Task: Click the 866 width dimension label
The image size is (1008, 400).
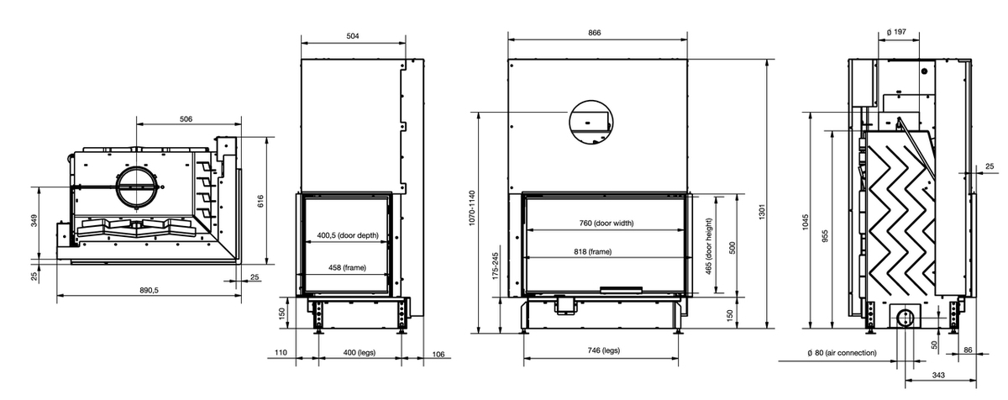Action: pyautogui.click(x=595, y=33)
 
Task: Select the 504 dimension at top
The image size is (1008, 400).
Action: pyautogui.click(x=353, y=36)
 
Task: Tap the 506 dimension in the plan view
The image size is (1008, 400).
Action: pyautogui.click(x=186, y=119)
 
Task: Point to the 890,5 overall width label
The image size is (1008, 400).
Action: pyautogui.click(x=149, y=291)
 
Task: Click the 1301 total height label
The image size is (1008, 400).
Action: pyautogui.click(x=762, y=212)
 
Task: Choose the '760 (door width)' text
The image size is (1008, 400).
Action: pyautogui.click(x=606, y=224)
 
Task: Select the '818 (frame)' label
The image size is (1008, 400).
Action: pyautogui.click(x=593, y=252)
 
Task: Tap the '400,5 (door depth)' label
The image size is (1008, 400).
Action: pyautogui.click(x=348, y=235)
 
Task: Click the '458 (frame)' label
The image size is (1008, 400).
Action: pyautogui.click(x=347, y=268)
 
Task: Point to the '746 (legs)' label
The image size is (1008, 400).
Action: pyautogui.click(x=603, y=350)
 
